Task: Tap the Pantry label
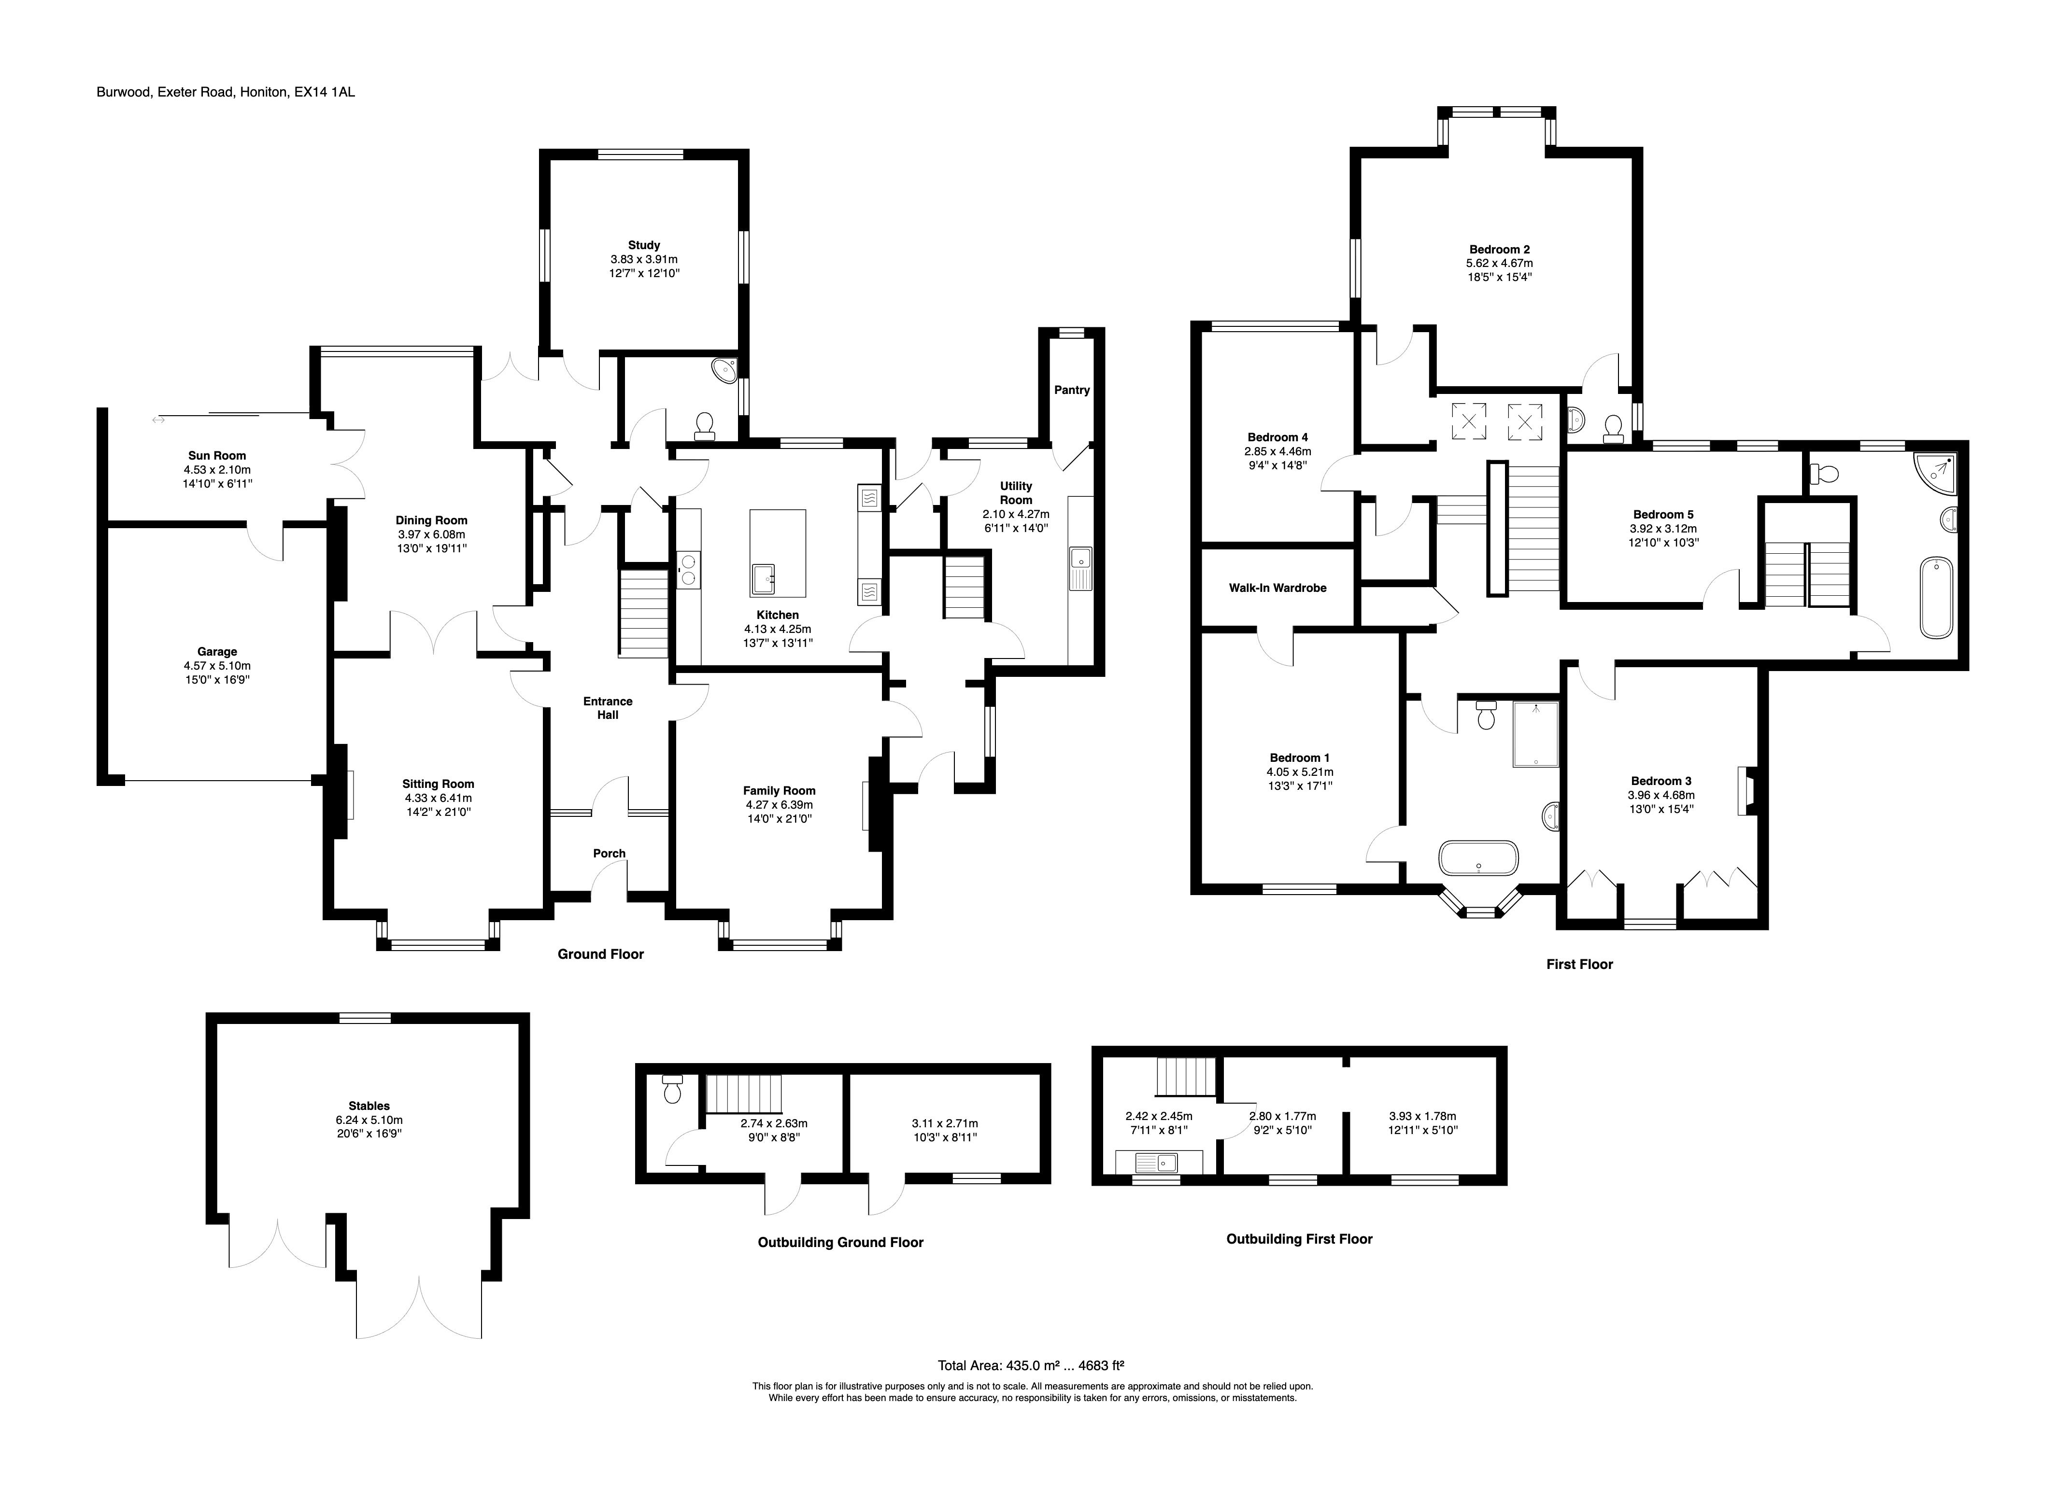click(x=1072, y=390)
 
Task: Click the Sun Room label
click(x=217, y=455)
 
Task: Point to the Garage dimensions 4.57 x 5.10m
click(x=217, y=665)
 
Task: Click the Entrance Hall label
click(x=608, y=708)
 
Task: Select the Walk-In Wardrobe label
click(x=1277, y=588)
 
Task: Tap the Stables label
click(x=369, y=1106)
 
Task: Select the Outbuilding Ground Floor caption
click(x=840, y=1242)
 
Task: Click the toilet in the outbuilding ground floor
click(x=671, y=1089)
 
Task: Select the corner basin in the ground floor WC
click(x=726, y=369)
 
